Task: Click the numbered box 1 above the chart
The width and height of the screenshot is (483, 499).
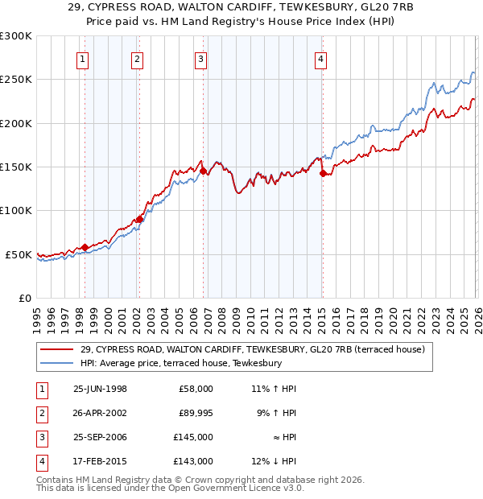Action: pos(85,59)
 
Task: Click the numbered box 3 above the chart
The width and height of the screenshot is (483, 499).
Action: pos(200,59)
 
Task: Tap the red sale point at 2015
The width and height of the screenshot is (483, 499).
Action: pos(322,173)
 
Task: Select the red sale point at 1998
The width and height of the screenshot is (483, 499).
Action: pos(85,247)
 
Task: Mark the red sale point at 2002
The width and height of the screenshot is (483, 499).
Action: pos(139,219)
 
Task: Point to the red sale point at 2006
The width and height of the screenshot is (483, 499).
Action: pos(203,171)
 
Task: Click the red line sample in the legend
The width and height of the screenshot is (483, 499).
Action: pos(57,349)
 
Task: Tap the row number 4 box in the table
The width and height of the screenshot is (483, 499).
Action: pos(41,461)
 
